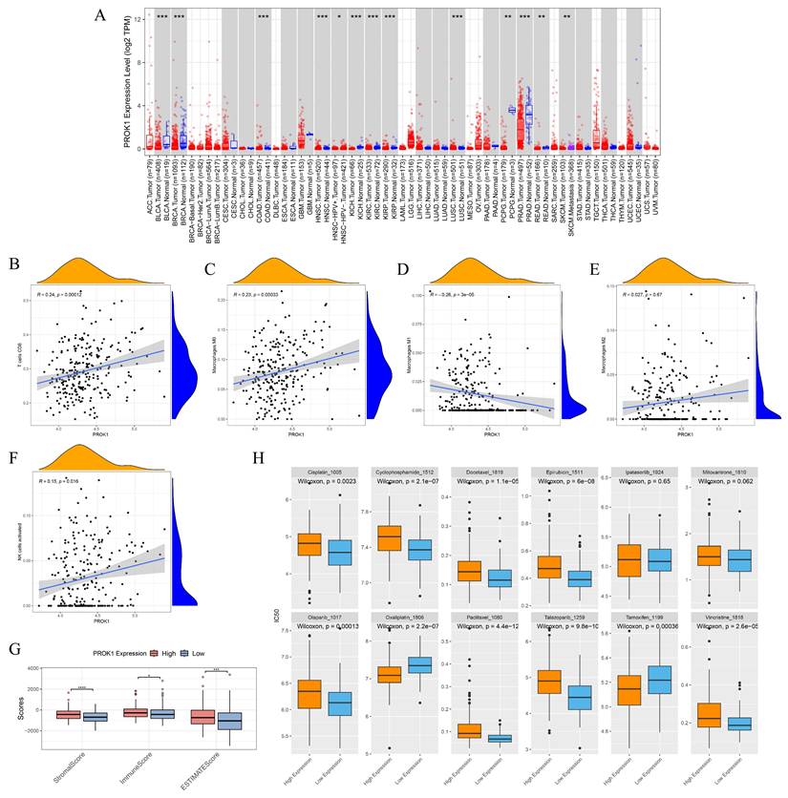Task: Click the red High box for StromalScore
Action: click(x=68, y=713)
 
